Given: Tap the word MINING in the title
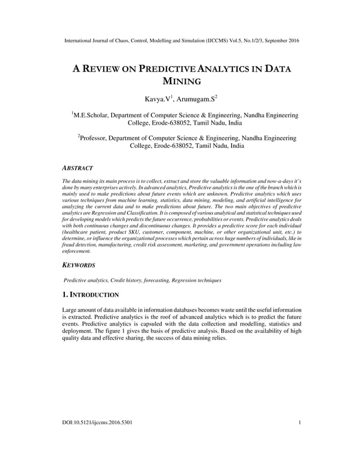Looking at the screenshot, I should point(179,82).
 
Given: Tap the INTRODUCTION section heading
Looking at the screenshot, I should point(94,294).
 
